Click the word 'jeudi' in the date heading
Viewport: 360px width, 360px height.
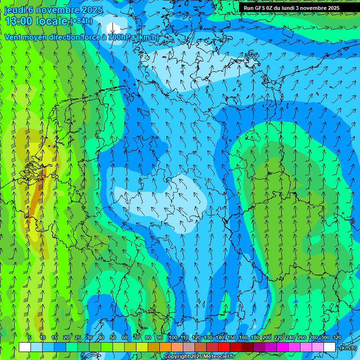(15, 10)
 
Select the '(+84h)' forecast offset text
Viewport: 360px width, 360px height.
(81, 21)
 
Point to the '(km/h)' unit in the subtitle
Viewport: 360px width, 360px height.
(148, 37)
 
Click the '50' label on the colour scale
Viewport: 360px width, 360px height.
(112, 337)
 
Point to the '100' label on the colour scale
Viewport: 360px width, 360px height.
(173, 337)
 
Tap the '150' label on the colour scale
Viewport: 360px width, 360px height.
(232, 337)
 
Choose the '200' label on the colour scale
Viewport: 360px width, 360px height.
(267, 337)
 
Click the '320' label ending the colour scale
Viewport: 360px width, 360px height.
(337, 337)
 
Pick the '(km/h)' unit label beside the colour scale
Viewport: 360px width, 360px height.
(348, 348)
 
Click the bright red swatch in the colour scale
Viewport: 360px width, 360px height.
(224, 347)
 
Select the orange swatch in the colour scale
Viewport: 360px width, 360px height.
(165, 347)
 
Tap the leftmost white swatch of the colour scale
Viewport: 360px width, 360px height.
(24, 347)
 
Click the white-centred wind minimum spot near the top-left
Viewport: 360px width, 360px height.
(113, 27)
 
